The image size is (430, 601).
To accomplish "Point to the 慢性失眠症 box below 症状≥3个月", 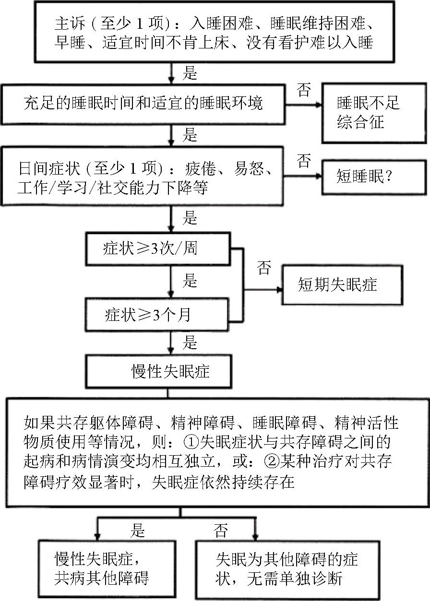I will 170,371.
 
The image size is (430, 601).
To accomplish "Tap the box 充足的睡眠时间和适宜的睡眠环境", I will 143,103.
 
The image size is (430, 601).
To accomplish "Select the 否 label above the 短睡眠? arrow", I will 304,161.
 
